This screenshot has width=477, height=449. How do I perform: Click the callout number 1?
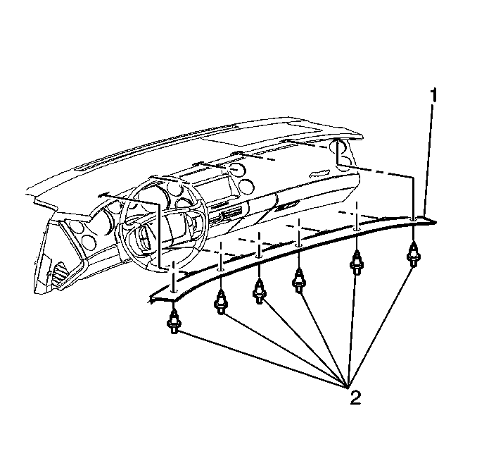click(x=433, y=94)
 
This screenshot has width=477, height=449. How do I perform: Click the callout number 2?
click(x=355, y=398)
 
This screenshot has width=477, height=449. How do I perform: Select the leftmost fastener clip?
click(x=174, y=321)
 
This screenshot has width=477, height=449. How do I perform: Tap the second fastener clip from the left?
click(x=221, y=302)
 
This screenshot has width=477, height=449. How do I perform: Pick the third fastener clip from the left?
click(x=259, y=292)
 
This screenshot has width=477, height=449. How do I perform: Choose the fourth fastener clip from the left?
click(x=298, y=281)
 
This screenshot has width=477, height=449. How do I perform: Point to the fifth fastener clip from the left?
click(x=356, y=263)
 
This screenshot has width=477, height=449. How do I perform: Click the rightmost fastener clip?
click(x=413, y=255)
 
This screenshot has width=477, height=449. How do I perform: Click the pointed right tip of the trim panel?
click(x=436, y=222)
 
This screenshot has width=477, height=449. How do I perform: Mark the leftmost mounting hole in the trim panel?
click(x=174, y=292)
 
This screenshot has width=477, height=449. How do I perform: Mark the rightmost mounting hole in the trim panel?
click(x=413, y=219)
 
